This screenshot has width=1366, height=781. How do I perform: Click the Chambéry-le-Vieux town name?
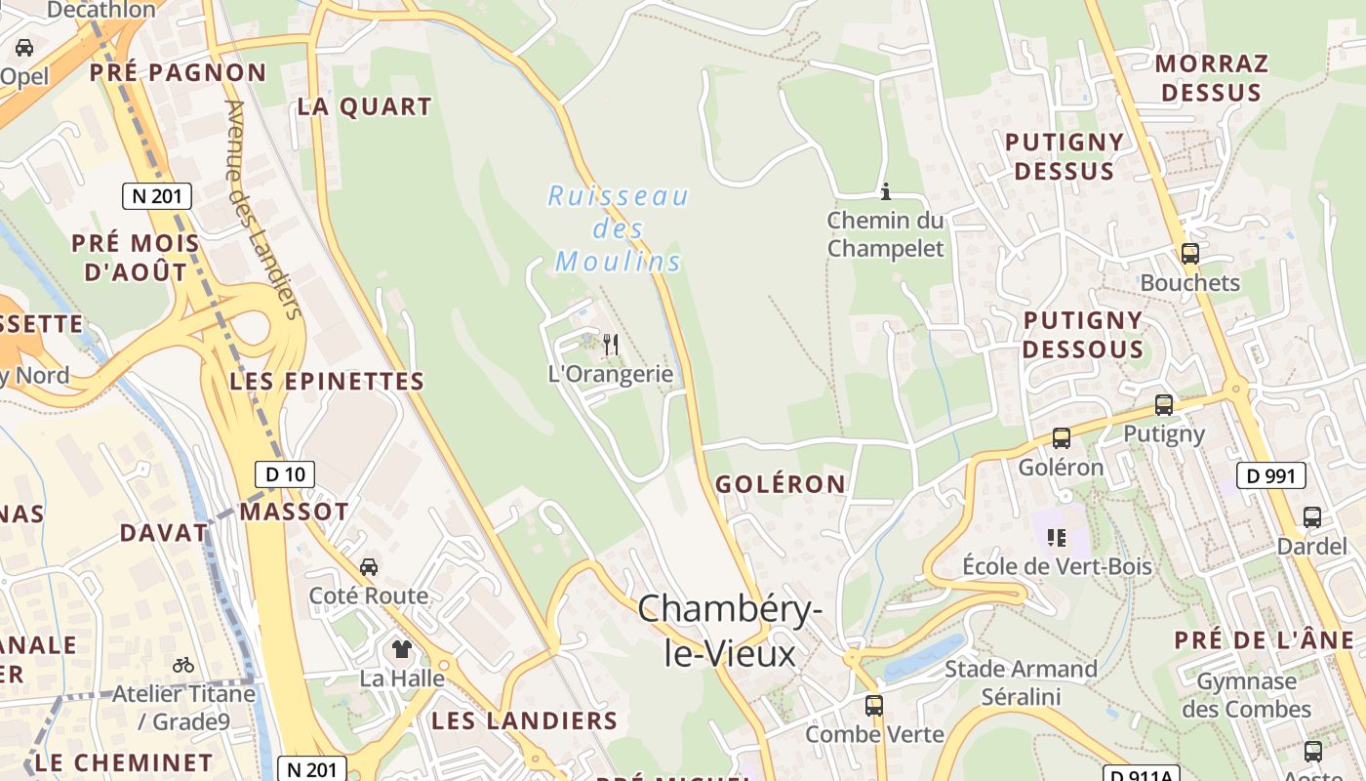(x=730, y=631)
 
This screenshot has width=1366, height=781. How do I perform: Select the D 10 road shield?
(x=286, y=474)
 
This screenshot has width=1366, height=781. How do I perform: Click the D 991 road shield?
(x=1271, y=475)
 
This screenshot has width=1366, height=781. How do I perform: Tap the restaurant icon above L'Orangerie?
(x=611, y=344)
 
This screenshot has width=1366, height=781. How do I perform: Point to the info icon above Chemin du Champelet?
(x=886, y=191)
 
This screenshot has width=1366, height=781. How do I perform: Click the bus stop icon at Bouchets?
(x=1189, y=254)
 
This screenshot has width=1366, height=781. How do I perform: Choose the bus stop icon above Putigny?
(x=1163, y=404)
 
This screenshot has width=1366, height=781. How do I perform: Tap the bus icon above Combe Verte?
(x=874, y=705)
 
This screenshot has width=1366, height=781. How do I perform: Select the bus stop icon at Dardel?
(x=1312, y=517)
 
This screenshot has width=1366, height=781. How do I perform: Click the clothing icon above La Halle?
(x=401, y=649)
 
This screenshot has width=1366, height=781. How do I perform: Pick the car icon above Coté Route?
(x=369, y=567)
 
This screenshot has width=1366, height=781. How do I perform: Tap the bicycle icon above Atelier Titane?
(x=182, y=665)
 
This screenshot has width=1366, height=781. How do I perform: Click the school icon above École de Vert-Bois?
(x=1057, y=537)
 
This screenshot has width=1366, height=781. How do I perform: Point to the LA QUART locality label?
(x=364, y=107)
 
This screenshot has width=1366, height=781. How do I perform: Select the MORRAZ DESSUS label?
(x=1212, y=78)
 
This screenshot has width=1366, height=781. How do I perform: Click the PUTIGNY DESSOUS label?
(x=1083, y=335)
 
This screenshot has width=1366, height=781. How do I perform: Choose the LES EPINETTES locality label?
(x=327, y=382)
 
